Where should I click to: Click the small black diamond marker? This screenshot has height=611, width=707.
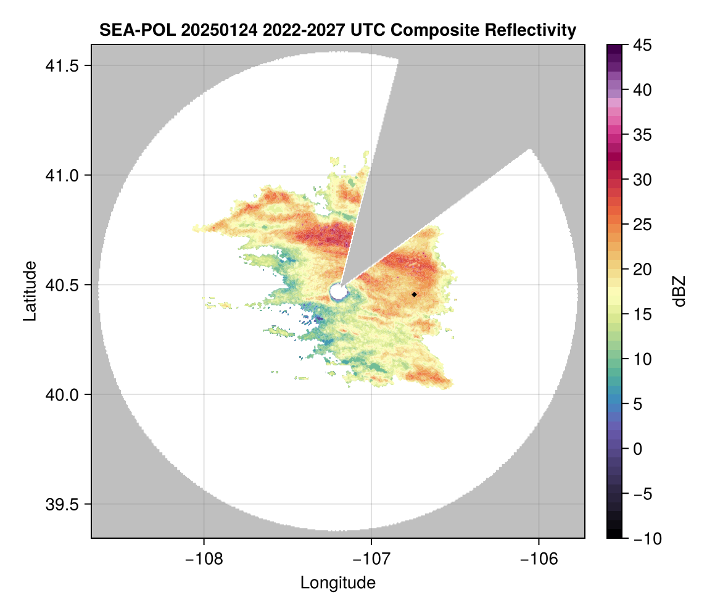[x=414, y=294]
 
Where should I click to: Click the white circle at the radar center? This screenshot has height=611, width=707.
[x=337, y=291]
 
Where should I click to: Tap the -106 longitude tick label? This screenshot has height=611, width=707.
[x=539, y=559]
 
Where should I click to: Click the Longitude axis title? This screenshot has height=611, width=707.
[x=337, y=583]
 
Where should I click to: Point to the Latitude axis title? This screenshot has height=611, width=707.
[x=30, y=291]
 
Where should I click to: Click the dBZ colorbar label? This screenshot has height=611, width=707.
[x=679, y=291]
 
